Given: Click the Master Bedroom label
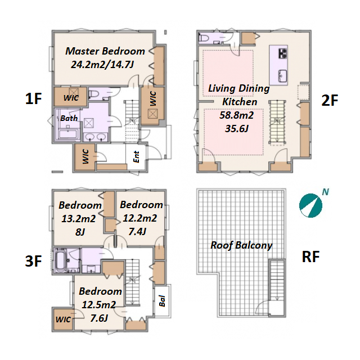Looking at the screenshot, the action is [x=105, y=51].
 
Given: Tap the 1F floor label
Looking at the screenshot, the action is [x=33, y=99].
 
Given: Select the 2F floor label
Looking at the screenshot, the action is [x=330, y=100].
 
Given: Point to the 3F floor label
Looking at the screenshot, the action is [x=33, y=261].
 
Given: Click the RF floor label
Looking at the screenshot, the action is [x=310, y=256].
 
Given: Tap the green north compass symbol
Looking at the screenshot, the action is [x=310, y=205].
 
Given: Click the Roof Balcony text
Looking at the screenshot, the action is [x=241, y=245].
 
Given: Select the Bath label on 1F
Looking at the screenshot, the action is [x=69, y=118].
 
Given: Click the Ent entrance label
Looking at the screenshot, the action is [x=136, y=157].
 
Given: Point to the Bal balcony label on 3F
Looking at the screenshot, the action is [x=162, y=301].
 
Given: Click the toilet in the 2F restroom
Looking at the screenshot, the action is [x=204, y=38].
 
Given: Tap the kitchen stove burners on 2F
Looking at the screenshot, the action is [x=283, y=53].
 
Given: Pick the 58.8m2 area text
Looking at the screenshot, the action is [x=236, y=115].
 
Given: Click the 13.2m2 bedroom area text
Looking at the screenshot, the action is [x=78, y=219].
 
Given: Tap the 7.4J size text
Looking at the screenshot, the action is [x=137, y=231].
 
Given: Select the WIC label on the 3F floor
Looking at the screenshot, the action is [x=63, y=319].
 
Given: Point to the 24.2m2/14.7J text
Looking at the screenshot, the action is [x=102, y=65].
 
